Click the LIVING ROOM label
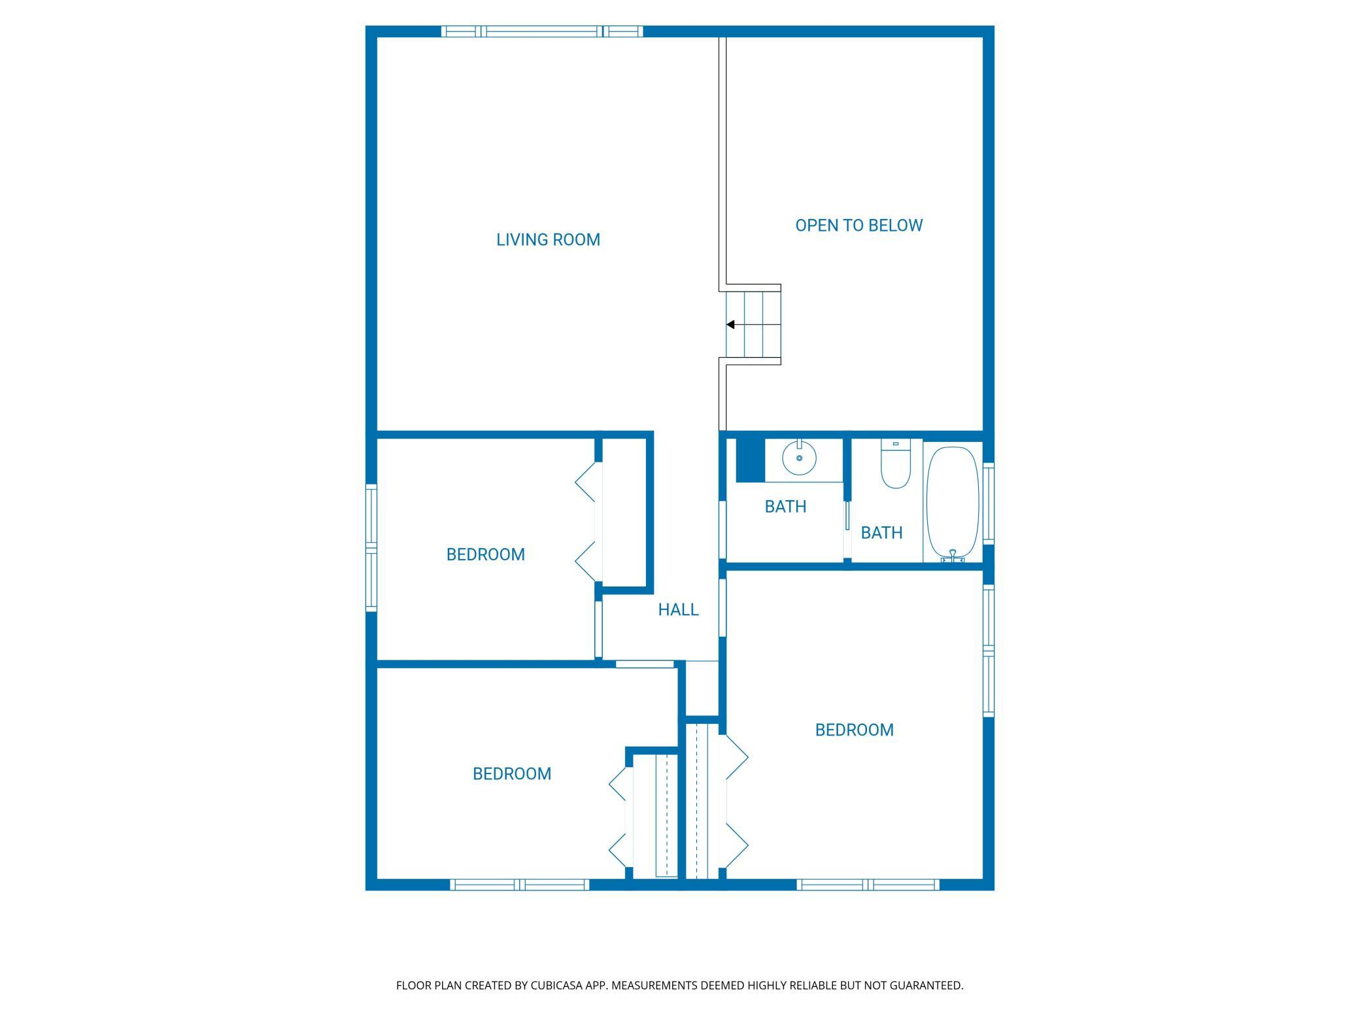548,240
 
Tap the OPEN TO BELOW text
858,226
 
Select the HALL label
678,609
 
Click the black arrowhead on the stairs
730,324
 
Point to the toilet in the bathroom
895,464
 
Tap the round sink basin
799,458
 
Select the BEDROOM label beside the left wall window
485,554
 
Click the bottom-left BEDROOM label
512,773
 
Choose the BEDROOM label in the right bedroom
854,730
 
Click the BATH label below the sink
785,507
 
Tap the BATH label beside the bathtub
881,533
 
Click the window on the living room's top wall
542,31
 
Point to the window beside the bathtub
989,503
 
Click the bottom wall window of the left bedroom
520,885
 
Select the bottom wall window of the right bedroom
868,885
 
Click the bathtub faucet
953,556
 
